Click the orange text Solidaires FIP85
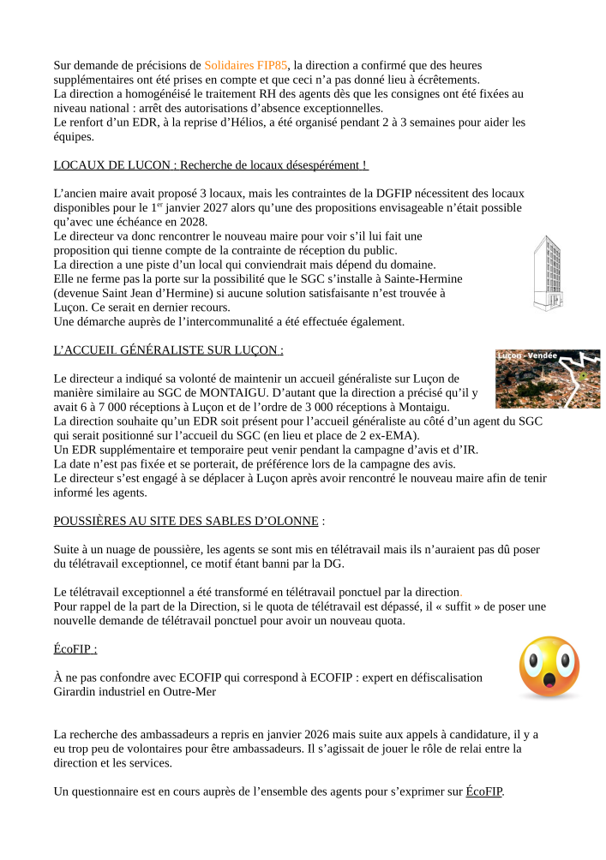246,65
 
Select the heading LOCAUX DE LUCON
211,164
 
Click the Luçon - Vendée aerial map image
547,379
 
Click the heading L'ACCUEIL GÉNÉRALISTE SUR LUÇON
168,350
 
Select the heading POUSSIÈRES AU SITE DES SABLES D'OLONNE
186,521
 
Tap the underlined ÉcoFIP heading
75,649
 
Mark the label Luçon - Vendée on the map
527,355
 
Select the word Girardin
75,691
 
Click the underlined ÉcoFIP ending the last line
484,791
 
